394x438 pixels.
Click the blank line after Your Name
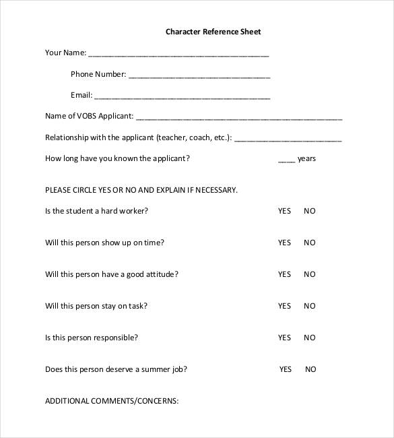178,55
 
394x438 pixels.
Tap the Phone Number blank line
199,76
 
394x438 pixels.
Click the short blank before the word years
286,160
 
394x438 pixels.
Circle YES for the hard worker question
284,211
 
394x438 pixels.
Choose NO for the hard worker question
309,211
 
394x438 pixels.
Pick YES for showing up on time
284,243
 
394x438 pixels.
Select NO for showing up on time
309,243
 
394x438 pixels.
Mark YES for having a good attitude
284,274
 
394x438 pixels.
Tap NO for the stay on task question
309,306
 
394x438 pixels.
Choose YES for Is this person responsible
284,338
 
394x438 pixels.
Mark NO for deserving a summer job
310,369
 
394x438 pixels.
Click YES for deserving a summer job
286,369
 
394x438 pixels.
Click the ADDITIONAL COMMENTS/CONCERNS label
111,401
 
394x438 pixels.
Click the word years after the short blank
306,159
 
